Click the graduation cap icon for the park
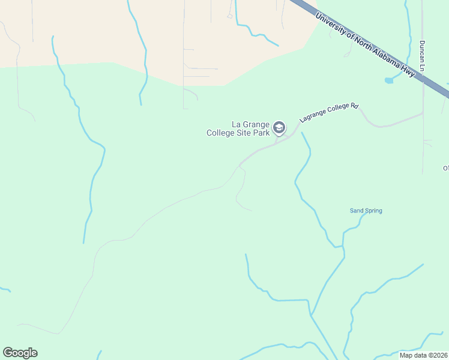[x=279, y=127]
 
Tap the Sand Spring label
[x=366, y=211]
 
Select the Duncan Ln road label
[x=422, y=57]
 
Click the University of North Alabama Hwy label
[x=365, y=44]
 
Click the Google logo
[x=20, y=353]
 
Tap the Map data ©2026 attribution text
[x=423, y=355]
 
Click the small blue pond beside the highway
[x=389, y=80]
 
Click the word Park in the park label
[x=261, y=133]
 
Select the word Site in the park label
[x=244, y=133]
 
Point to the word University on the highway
[x=330, y=23]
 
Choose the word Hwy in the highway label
[x=409, y=72]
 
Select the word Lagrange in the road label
[x=310, y=118]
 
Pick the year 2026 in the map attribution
[x=439, y=355]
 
